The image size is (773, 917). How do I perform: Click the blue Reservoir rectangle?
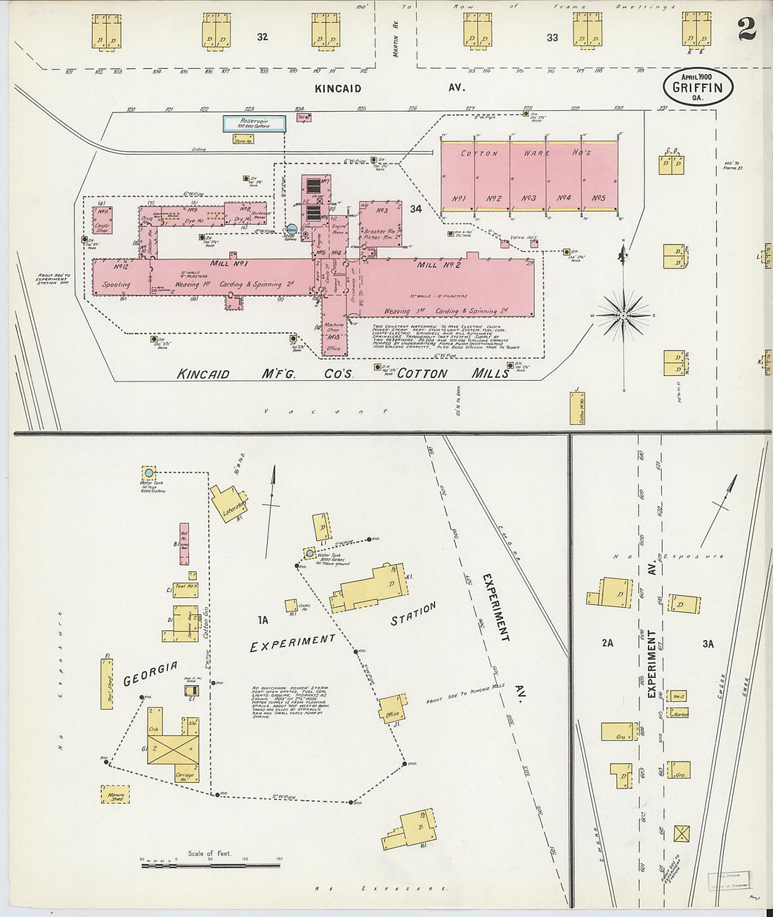pos(255,123)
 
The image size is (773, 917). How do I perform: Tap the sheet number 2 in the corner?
pos(746,30)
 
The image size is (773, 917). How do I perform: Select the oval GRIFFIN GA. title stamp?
pos(698,88)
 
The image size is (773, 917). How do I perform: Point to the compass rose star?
pos(623,316)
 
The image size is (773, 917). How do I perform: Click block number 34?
pos(416,208)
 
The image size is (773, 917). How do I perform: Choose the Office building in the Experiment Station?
pos(392,709)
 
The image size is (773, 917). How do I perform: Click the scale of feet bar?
pos(210,864)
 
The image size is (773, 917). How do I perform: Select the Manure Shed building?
pos(116,795)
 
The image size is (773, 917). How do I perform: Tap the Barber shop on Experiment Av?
pos(679,713)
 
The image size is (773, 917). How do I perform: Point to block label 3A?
pos(707,643)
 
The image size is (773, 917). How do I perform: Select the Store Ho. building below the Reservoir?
pos(243,139)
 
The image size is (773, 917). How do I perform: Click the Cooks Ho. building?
pos(291,605)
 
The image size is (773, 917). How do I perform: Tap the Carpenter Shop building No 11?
pos(103,219)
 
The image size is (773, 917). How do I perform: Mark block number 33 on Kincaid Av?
pos(552,37)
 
